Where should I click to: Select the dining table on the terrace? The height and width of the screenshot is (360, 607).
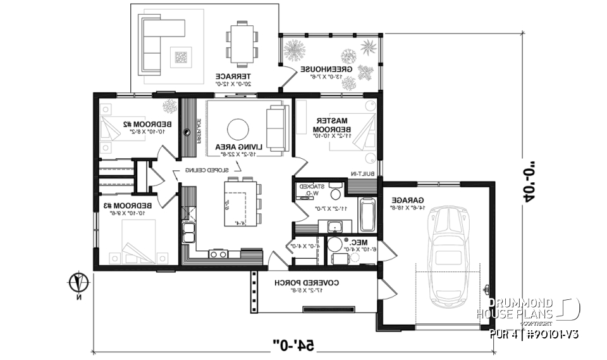(x=243, y=41)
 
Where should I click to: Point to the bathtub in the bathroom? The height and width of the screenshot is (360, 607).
(x=367, y=216)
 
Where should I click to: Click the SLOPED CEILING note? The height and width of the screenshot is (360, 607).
(x=205, y=170)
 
